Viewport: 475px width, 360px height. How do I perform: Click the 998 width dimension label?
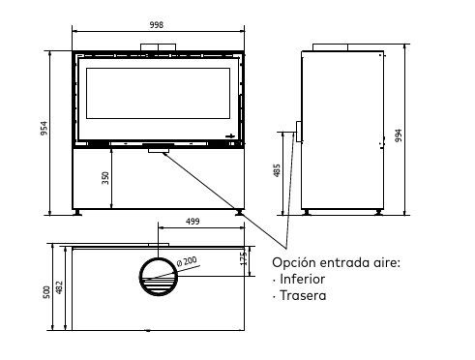tap(157, 25)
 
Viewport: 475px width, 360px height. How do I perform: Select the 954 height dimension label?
tap(44, 128)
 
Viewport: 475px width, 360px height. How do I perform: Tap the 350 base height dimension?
tap(105, 178)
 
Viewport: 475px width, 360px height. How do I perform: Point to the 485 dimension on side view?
tap(277, 170)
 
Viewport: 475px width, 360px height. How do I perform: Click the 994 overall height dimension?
tap(399, 135)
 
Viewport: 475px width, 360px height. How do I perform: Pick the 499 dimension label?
tap(193, 222)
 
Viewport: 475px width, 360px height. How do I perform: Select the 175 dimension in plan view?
tap(244, 258)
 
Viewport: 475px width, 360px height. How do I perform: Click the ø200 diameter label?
tap(187, 261)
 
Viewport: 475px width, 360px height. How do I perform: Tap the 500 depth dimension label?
tap(46, 292)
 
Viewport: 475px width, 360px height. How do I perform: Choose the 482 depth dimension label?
tap(59, 287)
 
